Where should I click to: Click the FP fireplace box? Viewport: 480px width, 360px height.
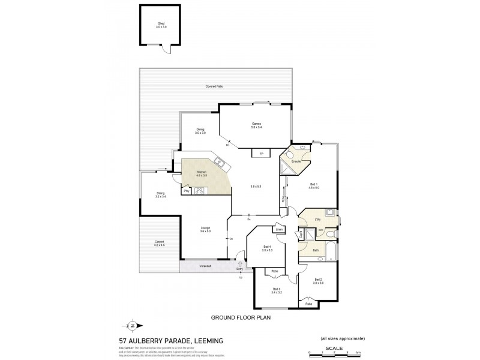pyautogui.click(x=261, y=154)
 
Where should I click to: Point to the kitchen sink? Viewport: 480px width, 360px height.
pyautogui.click(x=220, y=162)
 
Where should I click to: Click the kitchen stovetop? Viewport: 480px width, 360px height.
pyautogui.click(x=200, y=191)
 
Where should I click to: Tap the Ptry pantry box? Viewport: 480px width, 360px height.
pyautogui.click(x=187, y=191)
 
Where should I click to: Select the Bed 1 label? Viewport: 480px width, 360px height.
pyautogui.click(x=313, y=185)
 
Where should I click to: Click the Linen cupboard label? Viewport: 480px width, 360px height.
pyautogui.click(x=279, y=230)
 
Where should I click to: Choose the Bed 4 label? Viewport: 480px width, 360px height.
pyautogui.click(x=268, y=248)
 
